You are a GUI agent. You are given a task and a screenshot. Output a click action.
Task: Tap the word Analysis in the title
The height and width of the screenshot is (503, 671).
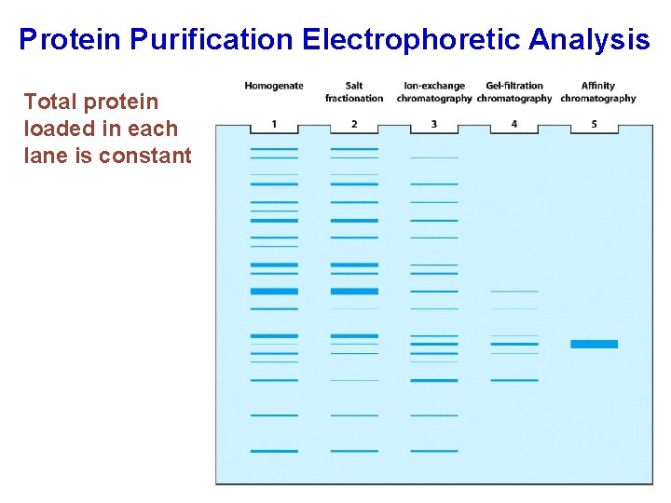[x=590, y=39]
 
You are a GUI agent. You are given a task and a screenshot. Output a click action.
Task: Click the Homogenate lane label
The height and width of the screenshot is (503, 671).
[x=274, y=86]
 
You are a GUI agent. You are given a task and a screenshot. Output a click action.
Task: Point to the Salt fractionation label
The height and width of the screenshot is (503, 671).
[x=354, y=92]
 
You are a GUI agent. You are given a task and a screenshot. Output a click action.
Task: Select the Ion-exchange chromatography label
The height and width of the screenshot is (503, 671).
[x=434, y=92]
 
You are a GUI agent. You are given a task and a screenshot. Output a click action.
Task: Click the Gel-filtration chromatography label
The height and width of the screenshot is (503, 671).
[x=514, y=92]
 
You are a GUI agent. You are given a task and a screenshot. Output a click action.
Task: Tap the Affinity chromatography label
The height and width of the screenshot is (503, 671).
[x=597, y=92]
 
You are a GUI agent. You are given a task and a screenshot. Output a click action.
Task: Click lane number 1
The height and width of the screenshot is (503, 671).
[x=274, y=124]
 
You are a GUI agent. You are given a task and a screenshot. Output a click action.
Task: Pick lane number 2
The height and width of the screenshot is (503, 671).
[x=354, y=124]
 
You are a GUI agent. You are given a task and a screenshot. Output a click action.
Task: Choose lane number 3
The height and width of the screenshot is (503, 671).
[x=434, y=124]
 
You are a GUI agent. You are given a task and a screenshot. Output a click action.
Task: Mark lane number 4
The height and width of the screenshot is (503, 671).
[x=514, y=124]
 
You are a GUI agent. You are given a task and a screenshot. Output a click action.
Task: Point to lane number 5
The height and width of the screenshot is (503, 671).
[x=595, y=124]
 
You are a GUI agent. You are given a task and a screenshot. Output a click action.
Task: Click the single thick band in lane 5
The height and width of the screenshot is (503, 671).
[x=594, y=344]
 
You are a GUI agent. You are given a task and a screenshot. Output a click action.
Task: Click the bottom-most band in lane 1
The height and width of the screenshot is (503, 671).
[x=274, y=451]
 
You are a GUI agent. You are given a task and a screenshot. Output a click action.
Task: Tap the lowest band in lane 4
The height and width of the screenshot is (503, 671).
[x=514, y=380]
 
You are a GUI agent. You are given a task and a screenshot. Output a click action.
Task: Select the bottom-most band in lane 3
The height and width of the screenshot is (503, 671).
[x=434, y=451]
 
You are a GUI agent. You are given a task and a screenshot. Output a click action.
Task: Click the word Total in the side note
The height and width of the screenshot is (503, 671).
[x=50, y=102]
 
